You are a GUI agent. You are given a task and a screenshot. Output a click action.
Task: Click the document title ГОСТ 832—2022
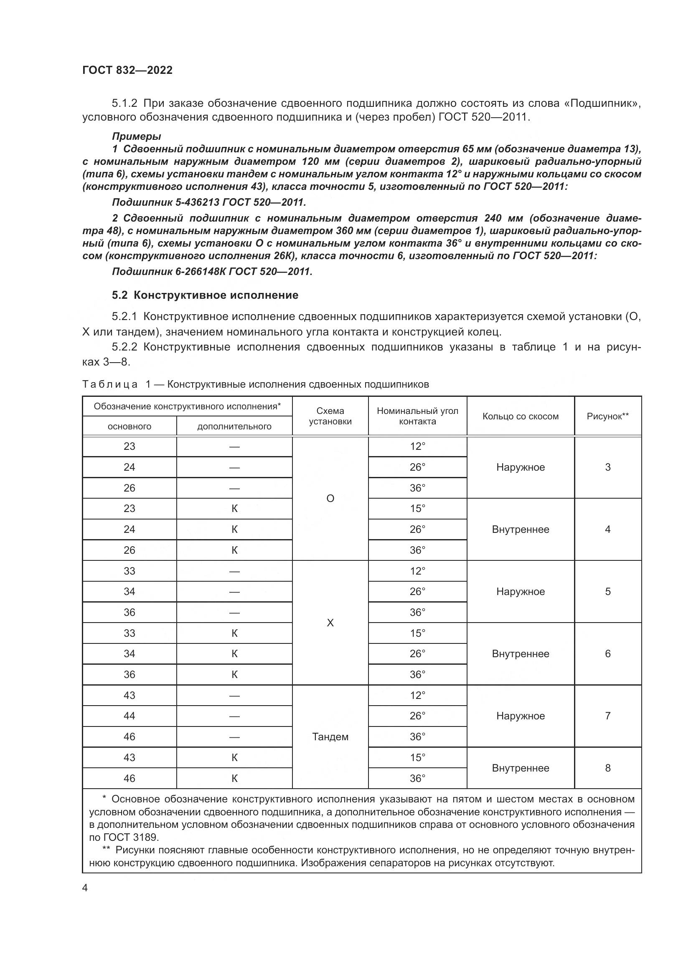(127, 70)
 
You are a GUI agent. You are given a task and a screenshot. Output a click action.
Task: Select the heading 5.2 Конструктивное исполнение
(205, 295)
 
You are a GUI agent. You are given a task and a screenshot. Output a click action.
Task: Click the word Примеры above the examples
(136, 136)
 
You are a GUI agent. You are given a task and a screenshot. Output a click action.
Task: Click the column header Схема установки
(330, 416)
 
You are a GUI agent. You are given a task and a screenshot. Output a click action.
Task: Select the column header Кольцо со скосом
(520, 416)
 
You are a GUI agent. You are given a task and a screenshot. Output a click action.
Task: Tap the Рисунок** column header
(607, 416)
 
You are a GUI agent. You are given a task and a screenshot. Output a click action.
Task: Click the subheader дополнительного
(234, 426)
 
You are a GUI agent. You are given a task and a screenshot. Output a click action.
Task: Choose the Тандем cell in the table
(330, 736)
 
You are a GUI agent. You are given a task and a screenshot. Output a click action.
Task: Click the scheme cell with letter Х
(330, 623)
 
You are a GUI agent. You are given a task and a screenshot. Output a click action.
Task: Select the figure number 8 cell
(607, 768)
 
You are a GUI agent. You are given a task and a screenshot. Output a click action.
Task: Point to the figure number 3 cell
(607, 467)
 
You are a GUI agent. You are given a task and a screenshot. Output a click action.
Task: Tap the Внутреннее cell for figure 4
(520, 529)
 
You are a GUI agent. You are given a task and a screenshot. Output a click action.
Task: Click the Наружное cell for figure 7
(520, 716)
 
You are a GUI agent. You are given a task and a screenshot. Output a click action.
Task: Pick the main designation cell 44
(130, 716)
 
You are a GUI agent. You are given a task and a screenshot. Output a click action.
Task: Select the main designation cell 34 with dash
(130, 591)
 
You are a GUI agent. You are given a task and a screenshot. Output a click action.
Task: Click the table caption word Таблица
(110, 384)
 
